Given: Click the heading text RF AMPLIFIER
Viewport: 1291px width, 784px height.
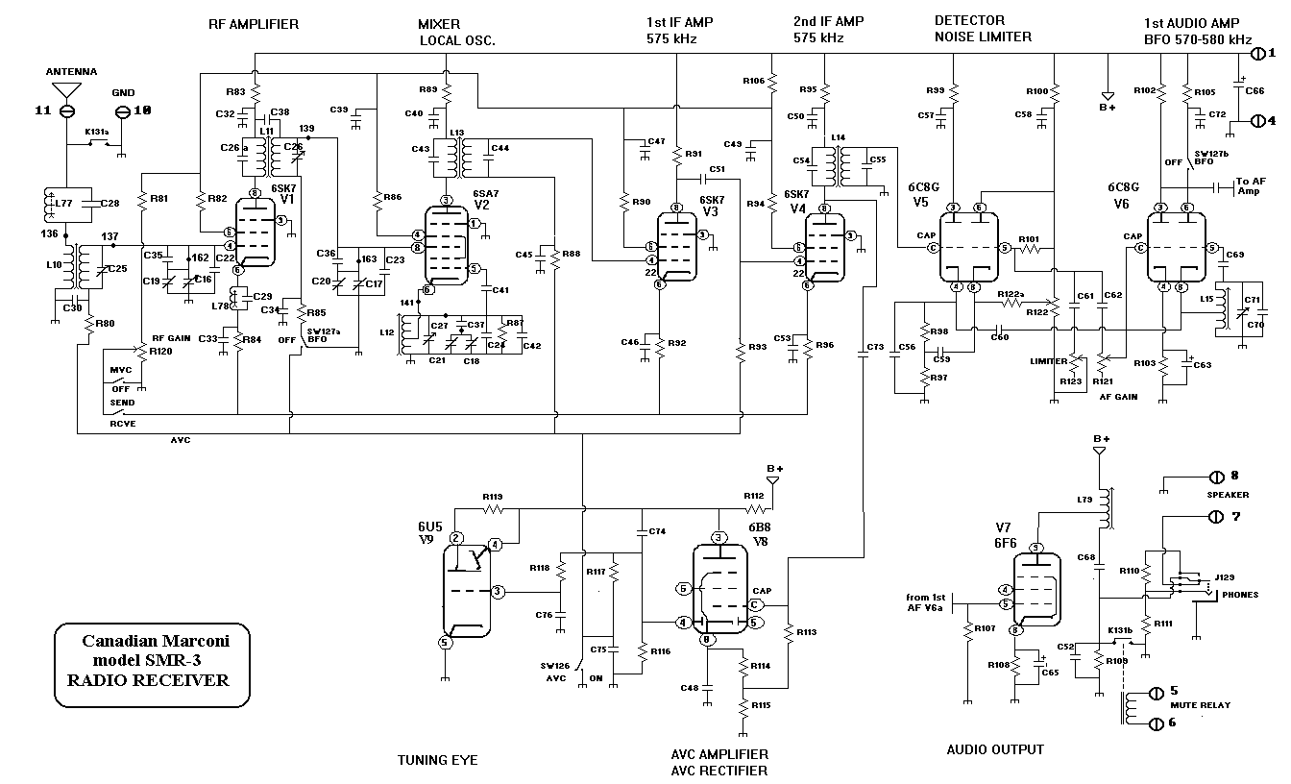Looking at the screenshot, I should (x=254, y=23).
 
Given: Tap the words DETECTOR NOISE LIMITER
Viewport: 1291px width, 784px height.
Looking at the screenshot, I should (x=983, y=29).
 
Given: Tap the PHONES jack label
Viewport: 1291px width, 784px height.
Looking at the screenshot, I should (x=1239, y=595).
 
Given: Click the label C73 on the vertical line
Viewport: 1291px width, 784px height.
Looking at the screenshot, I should (x=874, y=346).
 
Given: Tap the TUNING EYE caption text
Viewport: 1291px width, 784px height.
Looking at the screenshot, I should (x=437, y=761).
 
